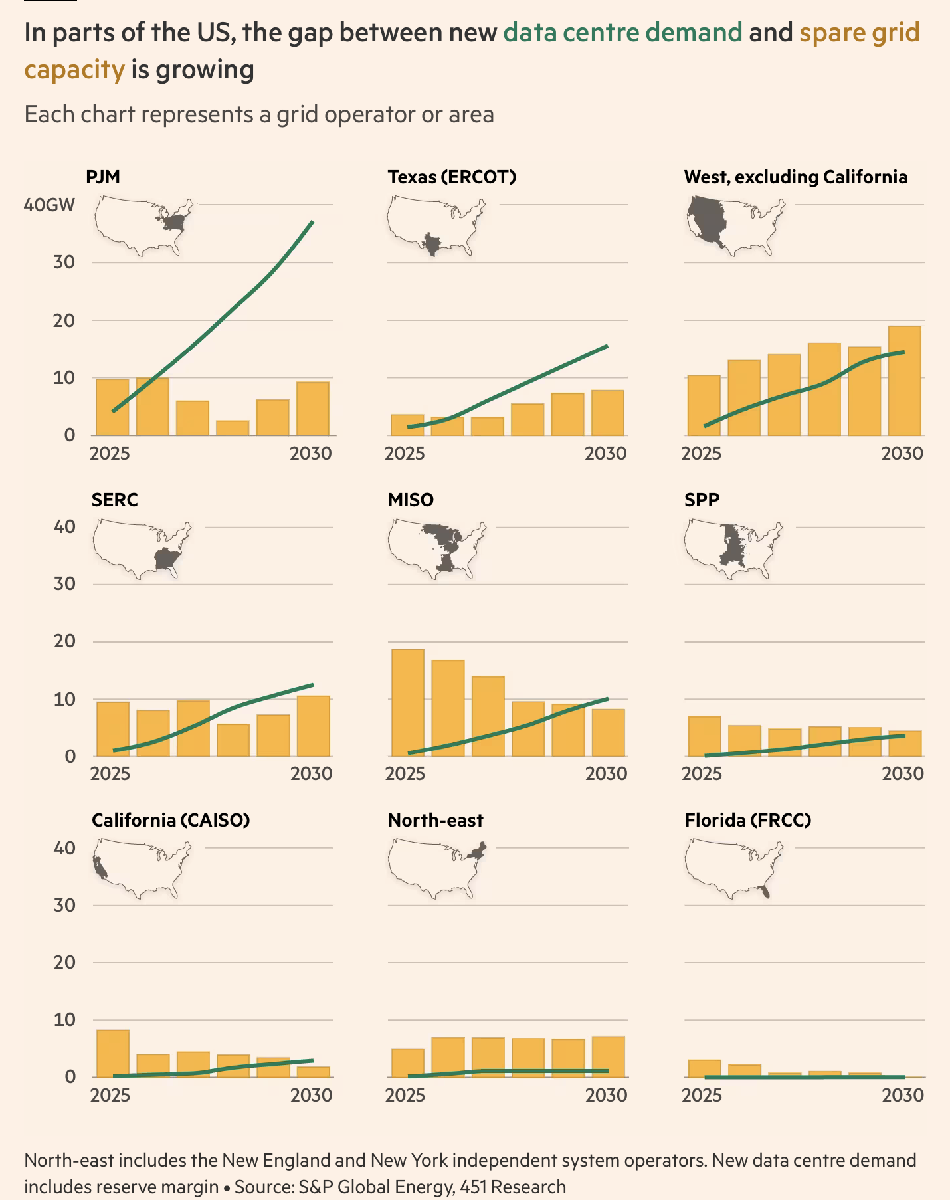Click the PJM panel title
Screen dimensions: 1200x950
(103, 177)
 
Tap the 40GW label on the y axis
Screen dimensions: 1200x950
(49, 205)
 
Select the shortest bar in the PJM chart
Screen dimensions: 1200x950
(233, 428)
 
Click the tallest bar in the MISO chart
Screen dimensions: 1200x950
(408, 702)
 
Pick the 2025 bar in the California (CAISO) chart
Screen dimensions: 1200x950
(113, 1053)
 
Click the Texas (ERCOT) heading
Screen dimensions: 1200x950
(452, 177)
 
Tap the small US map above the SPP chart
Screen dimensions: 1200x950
(733, 549)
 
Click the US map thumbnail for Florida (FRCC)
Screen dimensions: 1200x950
(733, 868)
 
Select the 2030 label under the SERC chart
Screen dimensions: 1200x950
(311, 774)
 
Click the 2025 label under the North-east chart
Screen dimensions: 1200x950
(405, 1095)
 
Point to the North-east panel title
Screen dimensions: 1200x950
(435, 821)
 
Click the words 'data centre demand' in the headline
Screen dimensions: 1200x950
(622, 33)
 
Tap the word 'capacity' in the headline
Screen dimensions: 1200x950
(74, 70)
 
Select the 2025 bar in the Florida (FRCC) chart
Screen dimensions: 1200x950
(705, 1068)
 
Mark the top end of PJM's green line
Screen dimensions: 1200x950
(312, 222)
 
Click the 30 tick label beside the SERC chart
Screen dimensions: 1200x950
(64, 584)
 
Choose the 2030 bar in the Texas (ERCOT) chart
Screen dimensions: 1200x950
(608, 413)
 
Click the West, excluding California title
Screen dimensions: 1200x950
(796, 177)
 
